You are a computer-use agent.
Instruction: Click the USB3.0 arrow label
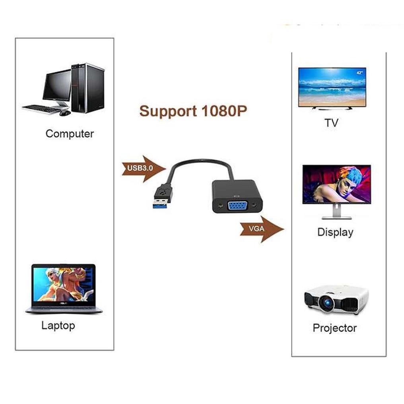140,168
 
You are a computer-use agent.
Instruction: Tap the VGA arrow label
256,229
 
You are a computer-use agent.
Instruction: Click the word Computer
70,134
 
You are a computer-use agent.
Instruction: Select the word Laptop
58,326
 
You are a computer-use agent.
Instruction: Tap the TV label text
331,123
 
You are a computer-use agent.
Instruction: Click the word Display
335,232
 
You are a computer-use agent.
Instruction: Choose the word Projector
335,328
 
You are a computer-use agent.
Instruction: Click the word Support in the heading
168,111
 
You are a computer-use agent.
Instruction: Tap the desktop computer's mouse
65,113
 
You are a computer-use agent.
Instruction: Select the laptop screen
64,284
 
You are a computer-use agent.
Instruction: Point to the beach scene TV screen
332,87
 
